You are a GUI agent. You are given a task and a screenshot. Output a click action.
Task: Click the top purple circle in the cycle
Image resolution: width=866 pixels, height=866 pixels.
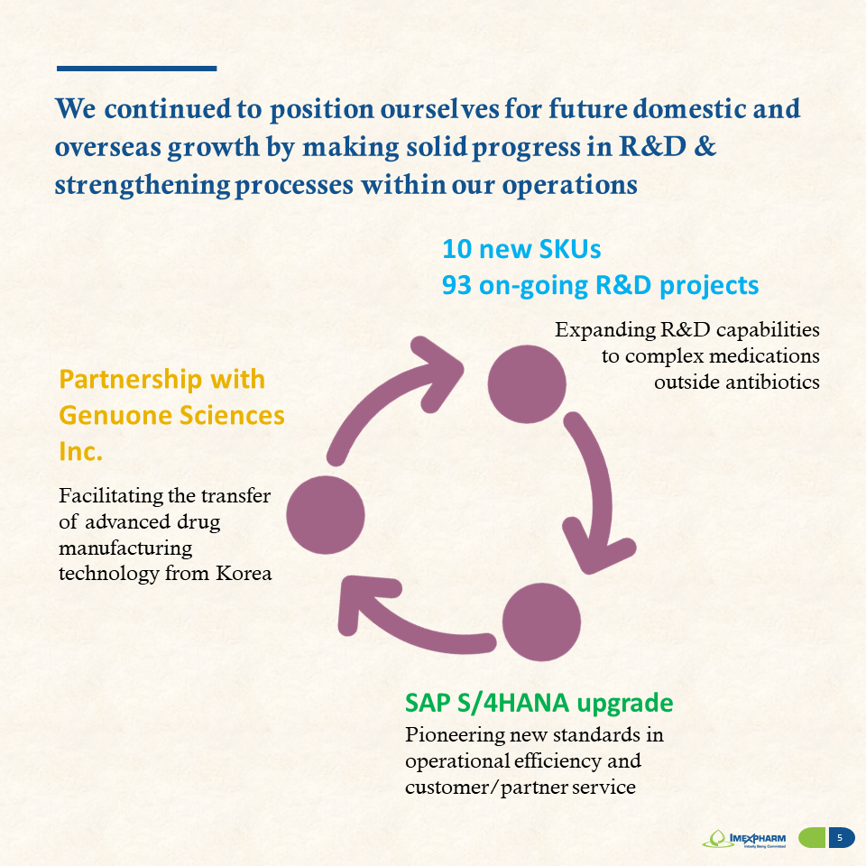point(526,384)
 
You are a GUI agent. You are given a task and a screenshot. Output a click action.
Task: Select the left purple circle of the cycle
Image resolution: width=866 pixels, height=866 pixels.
point(326,515)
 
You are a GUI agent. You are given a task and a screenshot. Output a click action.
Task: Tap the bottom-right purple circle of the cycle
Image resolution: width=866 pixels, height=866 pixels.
point(541,622)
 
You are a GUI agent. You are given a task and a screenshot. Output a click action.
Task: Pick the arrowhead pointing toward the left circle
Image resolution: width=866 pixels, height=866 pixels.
point(364,602)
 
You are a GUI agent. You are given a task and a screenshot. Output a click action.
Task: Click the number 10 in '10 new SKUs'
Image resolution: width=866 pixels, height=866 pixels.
point(456,249)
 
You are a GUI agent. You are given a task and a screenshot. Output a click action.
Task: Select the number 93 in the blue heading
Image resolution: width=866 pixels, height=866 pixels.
point(456,286)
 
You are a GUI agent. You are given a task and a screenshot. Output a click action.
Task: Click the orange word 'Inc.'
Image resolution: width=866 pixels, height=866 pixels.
point(80,452)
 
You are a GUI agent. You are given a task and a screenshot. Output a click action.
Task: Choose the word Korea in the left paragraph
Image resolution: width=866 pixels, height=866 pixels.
point(244,574)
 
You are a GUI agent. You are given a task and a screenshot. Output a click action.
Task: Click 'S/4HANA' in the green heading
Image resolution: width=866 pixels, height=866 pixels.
point(512,703)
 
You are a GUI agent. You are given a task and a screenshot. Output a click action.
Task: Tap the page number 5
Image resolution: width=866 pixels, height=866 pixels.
point(840,838)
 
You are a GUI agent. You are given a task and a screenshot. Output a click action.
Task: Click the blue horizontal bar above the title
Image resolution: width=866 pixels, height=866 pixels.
point(136,69)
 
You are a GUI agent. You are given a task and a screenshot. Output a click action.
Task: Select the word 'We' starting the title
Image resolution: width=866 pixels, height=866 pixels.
point(76,109)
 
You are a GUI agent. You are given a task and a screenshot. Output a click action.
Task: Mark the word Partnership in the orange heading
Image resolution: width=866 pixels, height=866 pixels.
point(130,381)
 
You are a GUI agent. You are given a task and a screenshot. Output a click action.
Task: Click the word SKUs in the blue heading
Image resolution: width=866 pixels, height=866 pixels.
point(570,249)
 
